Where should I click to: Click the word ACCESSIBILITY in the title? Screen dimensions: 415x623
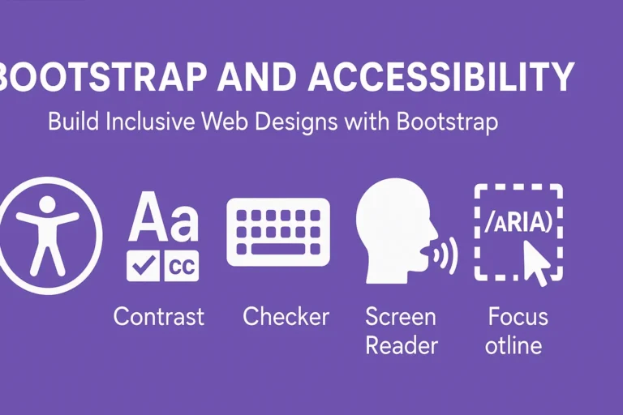point(440,77)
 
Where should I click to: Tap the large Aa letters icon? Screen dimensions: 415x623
point(162,217)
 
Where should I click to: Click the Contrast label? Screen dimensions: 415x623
point(159,316)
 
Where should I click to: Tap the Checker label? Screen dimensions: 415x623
point(286,316)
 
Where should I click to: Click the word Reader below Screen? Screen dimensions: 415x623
point(402,345)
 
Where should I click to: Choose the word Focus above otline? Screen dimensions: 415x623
point(518,316)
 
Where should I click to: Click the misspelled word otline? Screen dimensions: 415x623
point(513,345)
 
